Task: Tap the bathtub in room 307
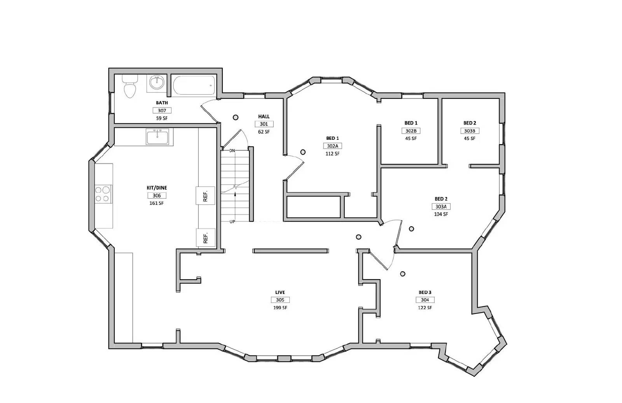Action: (x=194, y=85)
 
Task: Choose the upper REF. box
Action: (x=205, y=195)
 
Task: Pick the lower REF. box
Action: (x=206, y=238)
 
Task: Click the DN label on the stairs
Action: (x=232, y=150)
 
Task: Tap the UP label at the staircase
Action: (x=232, y=222)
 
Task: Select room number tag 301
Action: (x=264, y=124)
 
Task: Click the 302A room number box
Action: (x=332, y=146)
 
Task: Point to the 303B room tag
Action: (x=470, y=131)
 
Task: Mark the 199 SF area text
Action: (x=280, y=308)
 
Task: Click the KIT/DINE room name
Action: (x=157, y=188)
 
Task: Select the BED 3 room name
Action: (x=425, y=292)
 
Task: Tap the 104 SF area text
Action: (x=441, y=214)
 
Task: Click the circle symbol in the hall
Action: (x=236, y=117)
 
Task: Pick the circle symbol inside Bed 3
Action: (x=403, y=274)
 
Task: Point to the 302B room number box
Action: (x=411, y=131)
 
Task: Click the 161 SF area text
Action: (x=157, y=203)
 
